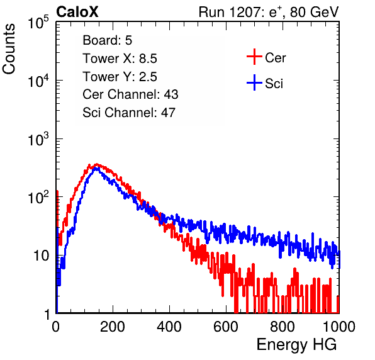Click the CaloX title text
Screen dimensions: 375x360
coord(77,12)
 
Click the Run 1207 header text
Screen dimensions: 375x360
coord(269,12)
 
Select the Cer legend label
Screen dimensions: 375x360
coord(275,58)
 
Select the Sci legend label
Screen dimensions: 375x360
coord(274,84)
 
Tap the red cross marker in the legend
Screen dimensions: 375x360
coord(254,57)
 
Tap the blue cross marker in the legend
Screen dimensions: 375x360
coord(254,82)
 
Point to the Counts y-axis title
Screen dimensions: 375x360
coord(9,49)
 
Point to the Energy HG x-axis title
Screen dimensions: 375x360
coord(296,345)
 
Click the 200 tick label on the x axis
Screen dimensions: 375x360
coord(113,326)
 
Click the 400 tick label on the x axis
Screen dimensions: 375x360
coord(169,326)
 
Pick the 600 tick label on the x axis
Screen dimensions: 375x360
coord(226,326)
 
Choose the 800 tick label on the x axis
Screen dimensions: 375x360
coord(283,326)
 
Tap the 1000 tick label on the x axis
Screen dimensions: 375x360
coord(339,326)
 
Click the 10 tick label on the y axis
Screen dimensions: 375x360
coord(41,256)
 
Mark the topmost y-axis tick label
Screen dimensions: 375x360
coord(38,22)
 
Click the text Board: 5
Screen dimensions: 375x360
coord(107,40)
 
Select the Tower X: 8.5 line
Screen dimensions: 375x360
coord(120,59)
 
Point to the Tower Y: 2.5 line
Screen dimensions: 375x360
coord(120,77)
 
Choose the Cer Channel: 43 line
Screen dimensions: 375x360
coord(130,94)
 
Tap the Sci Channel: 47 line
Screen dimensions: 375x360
coord(129,113)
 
